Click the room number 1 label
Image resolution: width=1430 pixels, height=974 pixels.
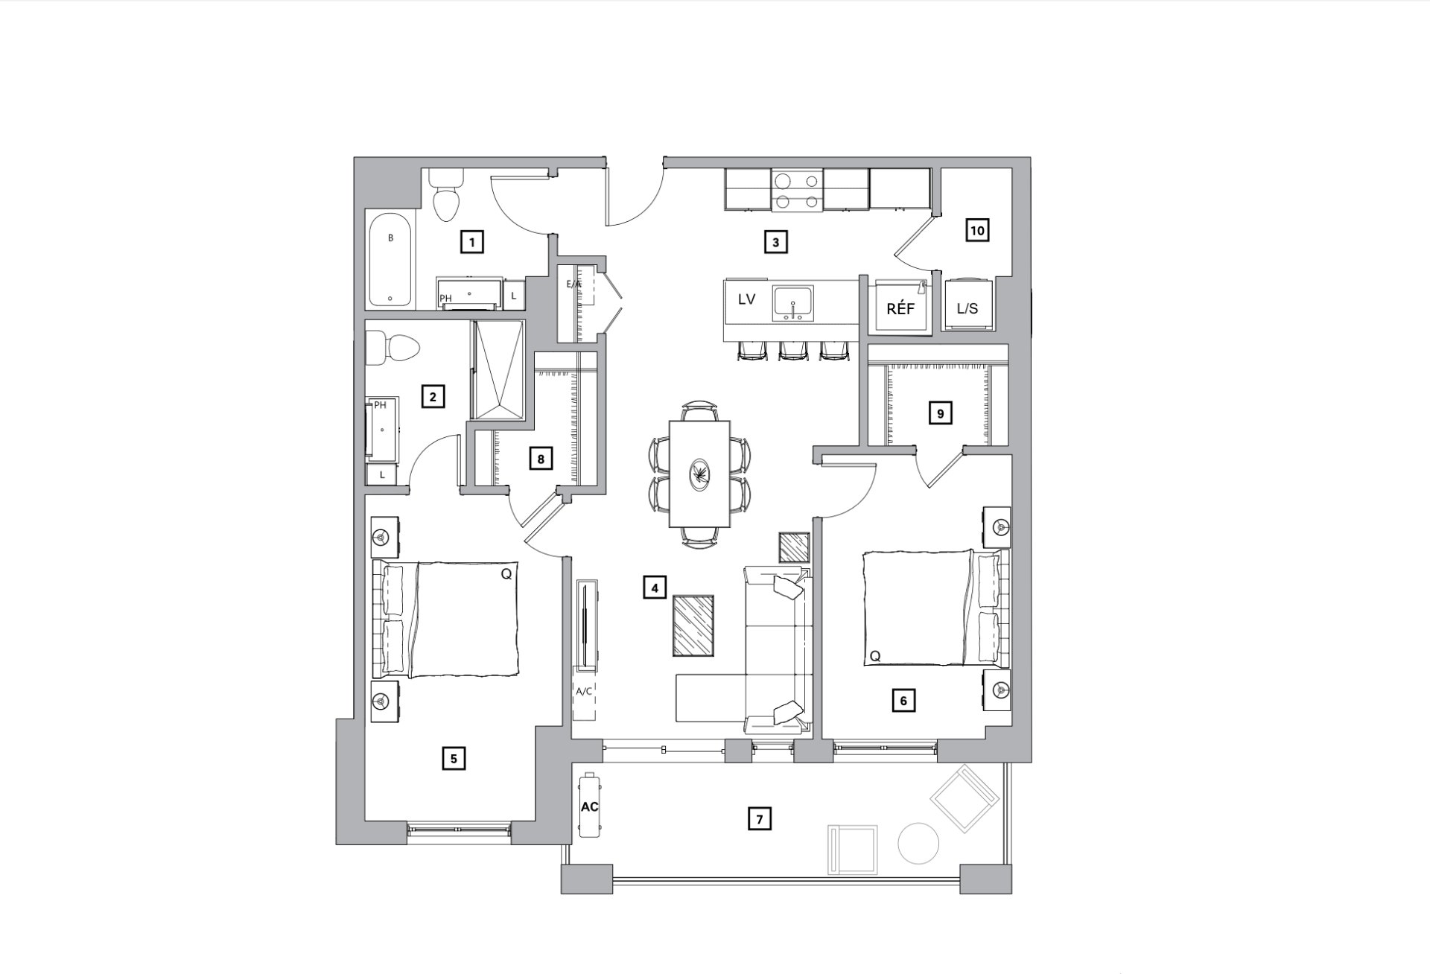tap(471, 242)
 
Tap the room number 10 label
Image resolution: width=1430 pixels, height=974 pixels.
tap(977, 231)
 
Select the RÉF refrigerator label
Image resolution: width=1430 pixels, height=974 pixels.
tap(900, 308)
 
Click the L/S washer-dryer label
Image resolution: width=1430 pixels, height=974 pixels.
tap(967, 308)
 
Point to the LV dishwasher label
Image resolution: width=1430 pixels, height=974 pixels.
tap(746, 299)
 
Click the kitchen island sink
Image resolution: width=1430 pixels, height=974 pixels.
tap(794, 302)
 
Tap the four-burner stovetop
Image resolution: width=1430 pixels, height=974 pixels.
tap(797, 191)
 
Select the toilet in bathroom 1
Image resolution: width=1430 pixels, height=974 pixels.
tap(447, 195)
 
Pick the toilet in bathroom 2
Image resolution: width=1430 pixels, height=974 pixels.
tap(394, 348)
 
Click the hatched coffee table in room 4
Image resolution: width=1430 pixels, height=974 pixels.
tap(693, 626)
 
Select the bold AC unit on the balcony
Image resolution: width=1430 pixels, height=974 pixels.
tap(590, 806)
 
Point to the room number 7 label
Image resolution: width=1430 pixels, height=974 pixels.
tap(759, 820)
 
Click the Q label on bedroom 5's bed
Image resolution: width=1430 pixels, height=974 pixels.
tap(506, 574)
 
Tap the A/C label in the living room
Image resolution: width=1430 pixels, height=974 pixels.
tap(584, 691)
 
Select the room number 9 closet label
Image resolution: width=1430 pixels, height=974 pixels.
tap(940, 413)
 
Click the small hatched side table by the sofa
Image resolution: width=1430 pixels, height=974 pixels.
tap(794, 548)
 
